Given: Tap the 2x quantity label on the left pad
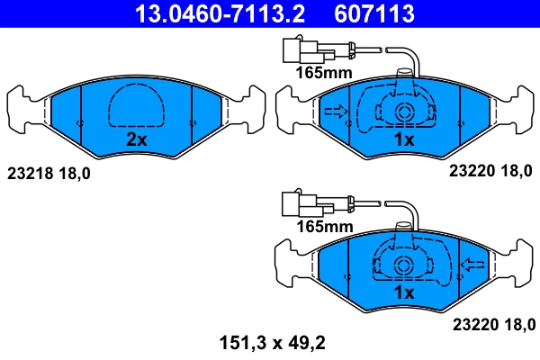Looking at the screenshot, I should click(x=136, y=139).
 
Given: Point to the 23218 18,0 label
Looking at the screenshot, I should click(x=49, y=170).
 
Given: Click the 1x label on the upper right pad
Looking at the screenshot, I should click(x=404, y=139).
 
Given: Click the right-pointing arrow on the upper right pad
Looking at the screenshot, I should click(x=334, y=112).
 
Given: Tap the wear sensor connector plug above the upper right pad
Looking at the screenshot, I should click(x=293, y=49).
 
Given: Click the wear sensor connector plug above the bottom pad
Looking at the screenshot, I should click(x=293, y=203).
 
